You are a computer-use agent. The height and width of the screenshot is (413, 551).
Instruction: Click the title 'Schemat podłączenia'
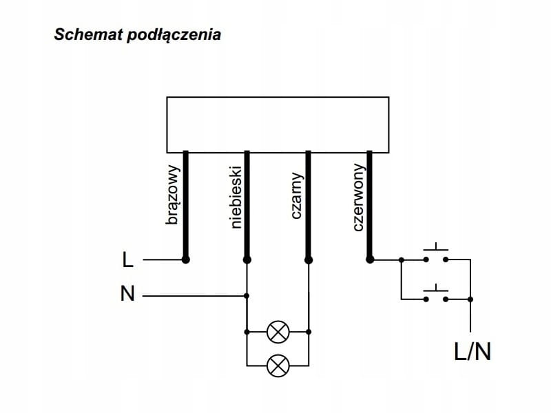(138, 34)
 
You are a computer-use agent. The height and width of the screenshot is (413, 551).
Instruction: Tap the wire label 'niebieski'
(236, 196)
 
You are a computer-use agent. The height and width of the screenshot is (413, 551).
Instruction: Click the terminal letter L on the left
(127, 260)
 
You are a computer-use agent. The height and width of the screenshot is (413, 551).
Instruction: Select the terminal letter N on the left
(127, 295)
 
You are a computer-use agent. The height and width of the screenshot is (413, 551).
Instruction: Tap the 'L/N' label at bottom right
(472, 352)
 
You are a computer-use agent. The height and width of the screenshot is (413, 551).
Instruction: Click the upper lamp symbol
(278, 331)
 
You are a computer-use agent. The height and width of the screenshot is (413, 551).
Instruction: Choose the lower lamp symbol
(278, 364)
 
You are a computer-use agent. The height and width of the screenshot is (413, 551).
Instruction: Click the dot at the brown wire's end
(185, 260)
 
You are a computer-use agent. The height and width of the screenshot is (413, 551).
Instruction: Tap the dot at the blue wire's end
(247, 260)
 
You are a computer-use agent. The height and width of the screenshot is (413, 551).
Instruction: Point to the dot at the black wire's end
(308, 260)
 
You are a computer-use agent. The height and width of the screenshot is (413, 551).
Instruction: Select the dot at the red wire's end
(369, 260)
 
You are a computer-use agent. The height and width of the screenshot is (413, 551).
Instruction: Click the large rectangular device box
(278, 125)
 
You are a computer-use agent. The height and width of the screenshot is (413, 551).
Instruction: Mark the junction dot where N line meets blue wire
(247, 296)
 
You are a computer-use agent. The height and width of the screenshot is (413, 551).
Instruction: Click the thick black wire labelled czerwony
(369, 206)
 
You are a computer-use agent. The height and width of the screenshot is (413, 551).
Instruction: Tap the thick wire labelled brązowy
(185, 206)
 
